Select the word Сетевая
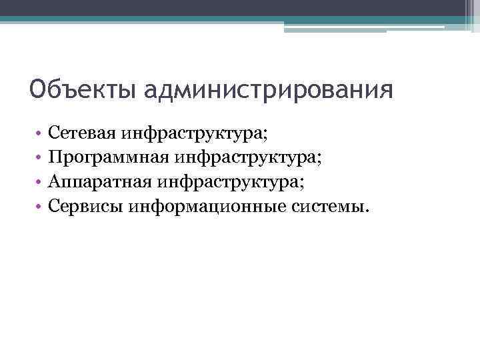click(x=83, y=133)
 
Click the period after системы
click(x=365, y=211)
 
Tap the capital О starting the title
click(x=38, y=88)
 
